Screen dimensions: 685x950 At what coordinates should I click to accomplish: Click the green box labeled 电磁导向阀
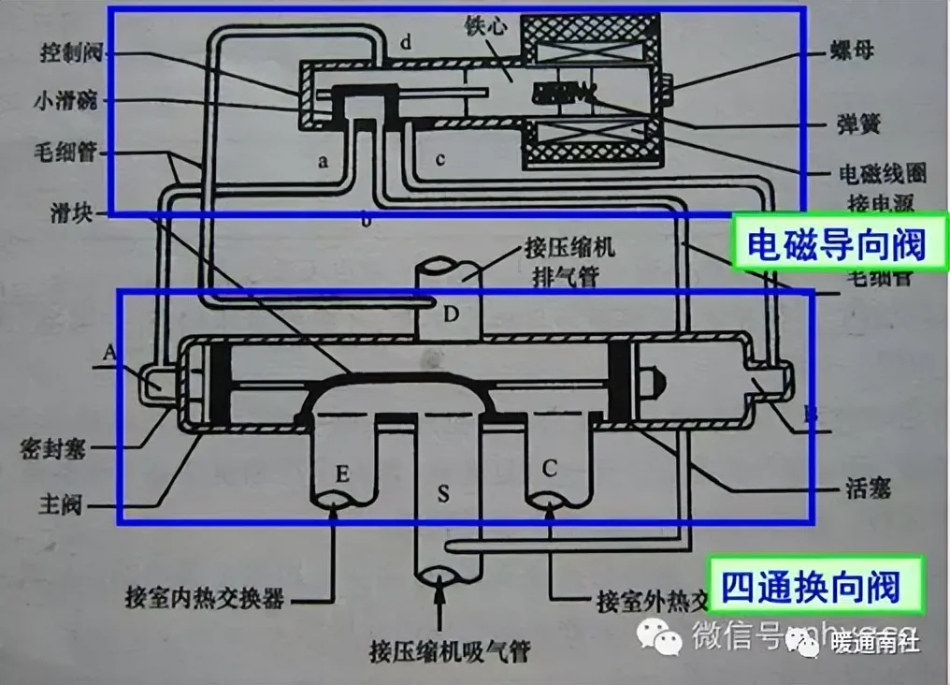[835, 244]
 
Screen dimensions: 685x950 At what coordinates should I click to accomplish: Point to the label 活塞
[865, 488]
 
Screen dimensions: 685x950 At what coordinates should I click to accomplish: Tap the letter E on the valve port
[342, 474]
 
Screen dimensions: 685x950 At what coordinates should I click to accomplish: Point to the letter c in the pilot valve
[440, 160]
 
